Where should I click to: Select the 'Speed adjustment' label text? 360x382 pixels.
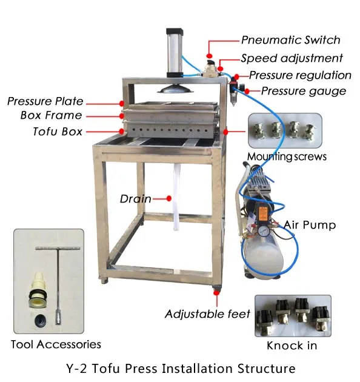[x=292, y=58]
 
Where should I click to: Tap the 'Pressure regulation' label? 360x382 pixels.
[x=300, y=75]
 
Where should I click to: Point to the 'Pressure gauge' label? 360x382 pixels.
[x=304, y=92]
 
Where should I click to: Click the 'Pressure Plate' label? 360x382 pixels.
[x=45, y=101]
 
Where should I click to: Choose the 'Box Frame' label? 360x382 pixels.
[x=51, y=115]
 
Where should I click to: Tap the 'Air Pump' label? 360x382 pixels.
[x=310, y=225]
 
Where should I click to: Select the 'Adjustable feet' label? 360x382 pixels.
[x=208, y=314]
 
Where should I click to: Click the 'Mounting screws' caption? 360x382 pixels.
[x=287, y=156]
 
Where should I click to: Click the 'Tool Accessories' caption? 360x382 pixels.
[x=56, y=344]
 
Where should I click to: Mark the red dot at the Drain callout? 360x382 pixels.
[x=169, y=198]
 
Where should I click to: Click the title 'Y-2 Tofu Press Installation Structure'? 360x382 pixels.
[x=179, y=368]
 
